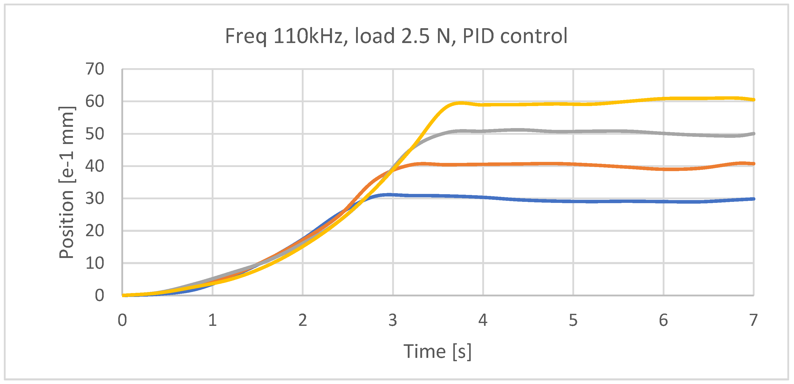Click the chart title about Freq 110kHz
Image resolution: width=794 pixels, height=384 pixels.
coord(396,36)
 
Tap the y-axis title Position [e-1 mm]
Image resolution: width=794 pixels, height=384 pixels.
coord(67,182)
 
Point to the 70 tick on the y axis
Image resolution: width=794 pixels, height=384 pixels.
coord(95,69)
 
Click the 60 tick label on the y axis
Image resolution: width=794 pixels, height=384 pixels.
coord(95,101)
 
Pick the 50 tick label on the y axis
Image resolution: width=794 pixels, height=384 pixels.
coord(95,134)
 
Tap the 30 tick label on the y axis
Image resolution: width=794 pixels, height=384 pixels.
coord(95,199)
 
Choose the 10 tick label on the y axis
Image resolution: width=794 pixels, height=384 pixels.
coord(95,263)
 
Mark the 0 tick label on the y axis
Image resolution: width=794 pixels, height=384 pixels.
coord(100,295)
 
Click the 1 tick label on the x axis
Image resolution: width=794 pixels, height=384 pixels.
coord(212,320)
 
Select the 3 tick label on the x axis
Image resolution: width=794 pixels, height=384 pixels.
coord(393,320)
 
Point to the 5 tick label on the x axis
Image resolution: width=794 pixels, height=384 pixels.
coord(573,320)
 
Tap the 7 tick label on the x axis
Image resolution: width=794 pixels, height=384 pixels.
coord(753,320)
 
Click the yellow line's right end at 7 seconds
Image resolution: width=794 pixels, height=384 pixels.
coord(753,100)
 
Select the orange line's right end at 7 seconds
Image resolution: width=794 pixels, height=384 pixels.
coord(753,164)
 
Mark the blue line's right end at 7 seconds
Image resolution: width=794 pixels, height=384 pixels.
coord(753,199)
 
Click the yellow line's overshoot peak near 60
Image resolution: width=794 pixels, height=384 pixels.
coord(460,103)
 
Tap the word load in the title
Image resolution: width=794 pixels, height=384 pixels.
coord(375,36)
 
